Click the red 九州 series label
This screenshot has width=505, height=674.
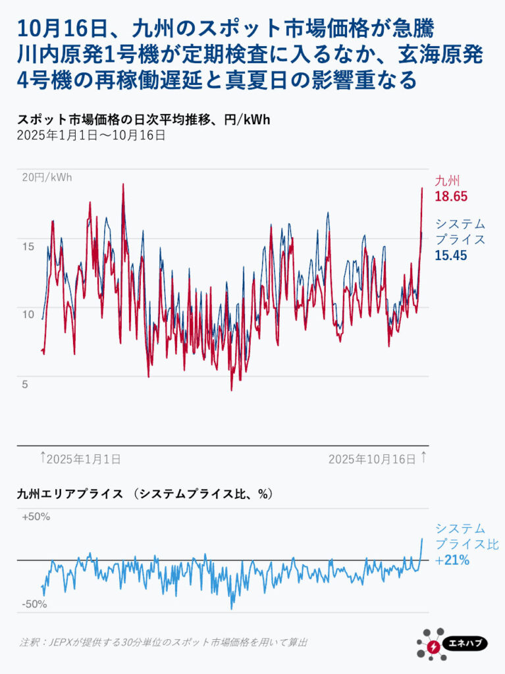point(447,180)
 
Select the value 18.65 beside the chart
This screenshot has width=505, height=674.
point(451,196)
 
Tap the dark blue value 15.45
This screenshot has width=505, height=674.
point(451,255)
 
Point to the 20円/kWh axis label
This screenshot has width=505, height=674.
point(47,177)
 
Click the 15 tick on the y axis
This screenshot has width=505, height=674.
point(28,246)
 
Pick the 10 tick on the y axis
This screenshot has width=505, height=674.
point(28,314)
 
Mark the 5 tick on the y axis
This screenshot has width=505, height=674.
point(25,384)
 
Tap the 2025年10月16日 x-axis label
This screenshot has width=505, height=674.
point(372,459)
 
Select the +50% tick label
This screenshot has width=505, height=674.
point(36,517)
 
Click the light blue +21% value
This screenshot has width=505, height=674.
point(452,561)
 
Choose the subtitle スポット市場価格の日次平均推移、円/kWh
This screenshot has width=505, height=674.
point(144,120)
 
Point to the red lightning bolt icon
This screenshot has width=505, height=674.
point(433,646)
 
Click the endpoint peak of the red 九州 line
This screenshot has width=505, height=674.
point(422,188)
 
